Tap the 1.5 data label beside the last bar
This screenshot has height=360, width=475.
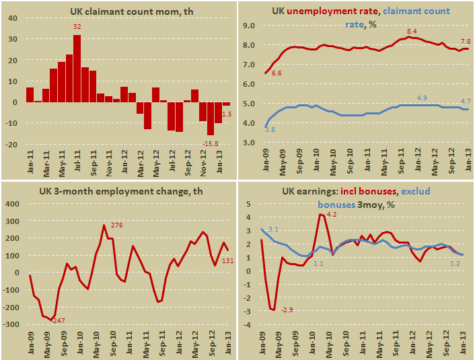[x=227, y=114]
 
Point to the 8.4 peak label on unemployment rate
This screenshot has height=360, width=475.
[x=412, y=32]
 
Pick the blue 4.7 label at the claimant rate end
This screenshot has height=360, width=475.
[x=464, y=102]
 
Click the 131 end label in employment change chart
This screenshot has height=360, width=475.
[x=227, y=260]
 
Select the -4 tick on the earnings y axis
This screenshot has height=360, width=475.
[x=248, y=325]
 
